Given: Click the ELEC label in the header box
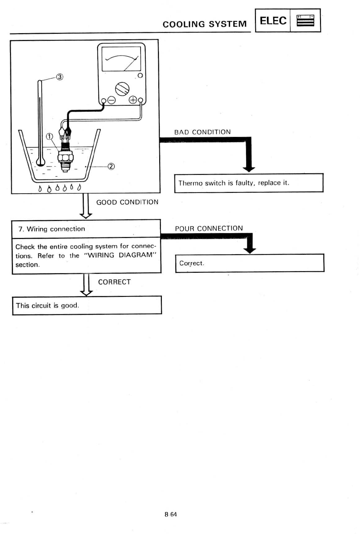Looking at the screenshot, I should click(x=273, y=21).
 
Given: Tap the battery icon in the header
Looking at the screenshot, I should click(x=305, y=21).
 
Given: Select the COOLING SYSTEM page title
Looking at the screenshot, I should click(x=205, y=24).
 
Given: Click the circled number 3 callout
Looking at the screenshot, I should click(x=60, y=77).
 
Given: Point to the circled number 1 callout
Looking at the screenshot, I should click(x=49, y=137).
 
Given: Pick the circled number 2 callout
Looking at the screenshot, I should click(x=111, y=167).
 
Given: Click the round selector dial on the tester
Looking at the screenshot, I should click(x=122, y=89).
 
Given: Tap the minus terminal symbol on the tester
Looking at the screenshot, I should click(x=111, y=100).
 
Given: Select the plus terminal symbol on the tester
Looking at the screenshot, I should click(x=132, y=100).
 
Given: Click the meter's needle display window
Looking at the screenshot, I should click(x=121, y=59).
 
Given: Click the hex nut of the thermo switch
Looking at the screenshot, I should click(x=65, y=157).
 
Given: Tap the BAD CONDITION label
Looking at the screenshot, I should click(x=202, y=132).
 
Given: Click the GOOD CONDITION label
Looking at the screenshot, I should click(x=127, y=202).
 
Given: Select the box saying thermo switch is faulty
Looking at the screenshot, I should click(x=248, y=183).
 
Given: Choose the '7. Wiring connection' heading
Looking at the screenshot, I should click(x=52, y=229).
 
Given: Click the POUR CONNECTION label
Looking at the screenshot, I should click(x=209, y=229).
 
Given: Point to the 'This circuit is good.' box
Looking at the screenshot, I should click(x=87, y=305).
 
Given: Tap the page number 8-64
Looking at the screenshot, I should click(x=170, y=514).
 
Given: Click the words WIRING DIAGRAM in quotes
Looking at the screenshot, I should click(x=120, y=255).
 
